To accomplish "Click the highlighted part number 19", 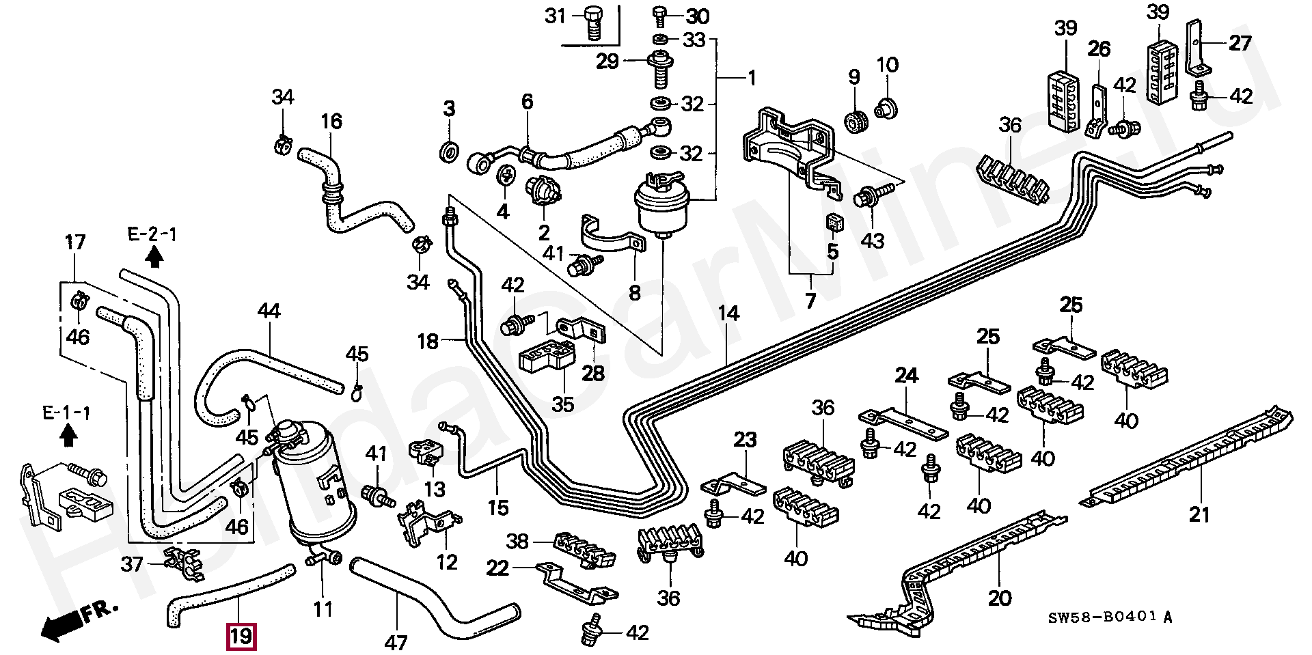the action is coord(242,637).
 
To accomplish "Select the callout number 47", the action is coord(396,643).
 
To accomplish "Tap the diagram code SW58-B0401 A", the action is coord(1111,617).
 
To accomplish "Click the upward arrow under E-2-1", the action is coord(155,257).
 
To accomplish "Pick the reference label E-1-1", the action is coord(66,413).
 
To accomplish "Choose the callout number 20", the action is coord(1000,598).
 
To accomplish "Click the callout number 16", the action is coord(331,122).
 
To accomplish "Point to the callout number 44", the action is coord(270,311).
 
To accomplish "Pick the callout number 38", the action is coord(517,542).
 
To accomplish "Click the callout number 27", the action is coord(1240,43).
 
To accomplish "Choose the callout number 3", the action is coord(448,108).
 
